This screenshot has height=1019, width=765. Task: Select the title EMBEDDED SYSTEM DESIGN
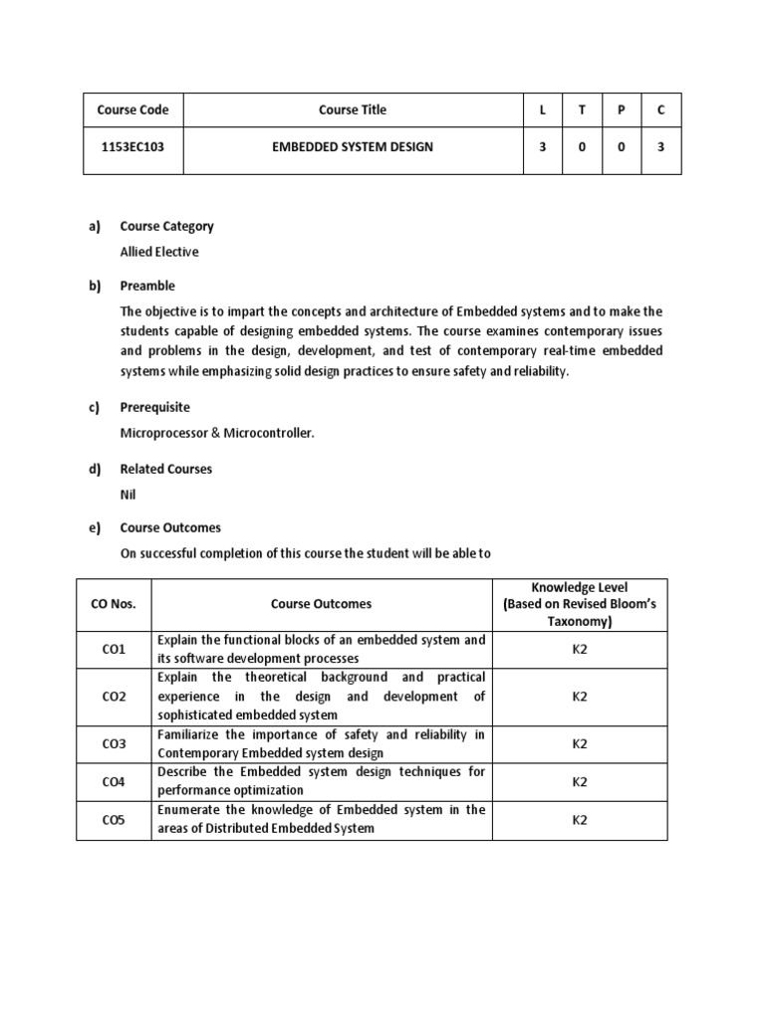353,147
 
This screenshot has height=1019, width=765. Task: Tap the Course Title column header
353,109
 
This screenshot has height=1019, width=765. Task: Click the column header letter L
542,109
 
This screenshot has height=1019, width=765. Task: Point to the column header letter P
621,109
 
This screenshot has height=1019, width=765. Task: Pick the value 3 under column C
660,147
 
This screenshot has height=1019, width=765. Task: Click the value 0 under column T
582,147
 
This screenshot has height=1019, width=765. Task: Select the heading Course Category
166,226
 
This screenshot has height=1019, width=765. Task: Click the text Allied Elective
159,252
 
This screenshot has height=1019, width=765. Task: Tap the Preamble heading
147,286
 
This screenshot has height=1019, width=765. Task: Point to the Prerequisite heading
154,407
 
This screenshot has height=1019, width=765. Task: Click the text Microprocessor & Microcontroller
217,433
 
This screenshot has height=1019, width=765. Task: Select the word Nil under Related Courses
127,494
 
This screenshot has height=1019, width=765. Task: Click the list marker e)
95,527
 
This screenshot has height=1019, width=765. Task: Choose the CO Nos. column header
114,603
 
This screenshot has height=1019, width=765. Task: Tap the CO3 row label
114,743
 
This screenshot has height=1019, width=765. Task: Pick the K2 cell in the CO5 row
579,819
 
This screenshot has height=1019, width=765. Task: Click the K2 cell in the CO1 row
579,649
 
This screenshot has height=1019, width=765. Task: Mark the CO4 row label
114,781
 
